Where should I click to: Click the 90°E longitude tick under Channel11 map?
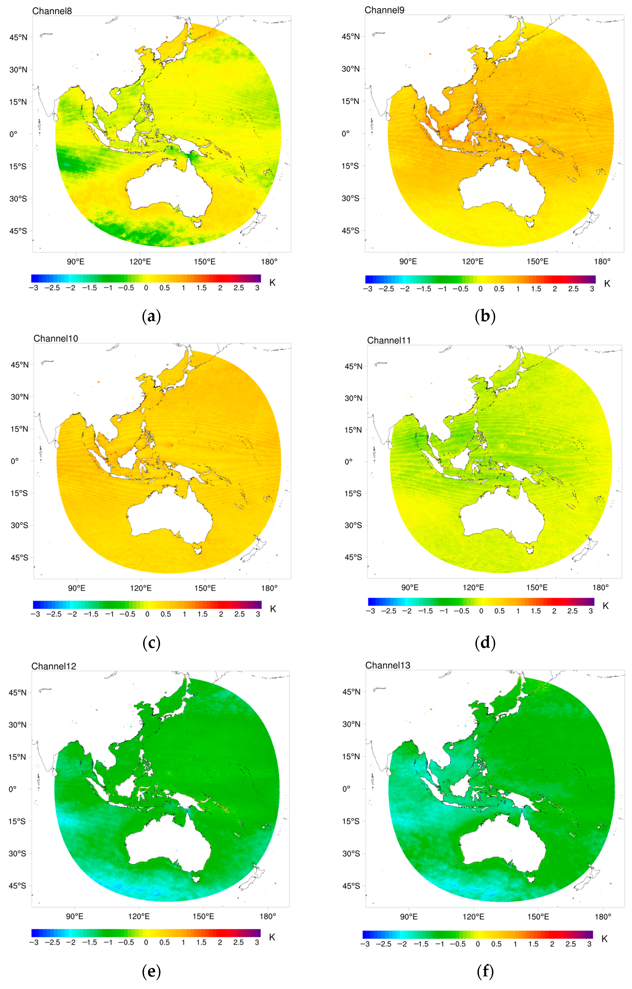point(410,587)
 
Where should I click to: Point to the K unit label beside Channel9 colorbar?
point(607,283)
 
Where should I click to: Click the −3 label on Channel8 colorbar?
point(34,288)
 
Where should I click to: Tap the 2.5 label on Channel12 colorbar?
point(238,942)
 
